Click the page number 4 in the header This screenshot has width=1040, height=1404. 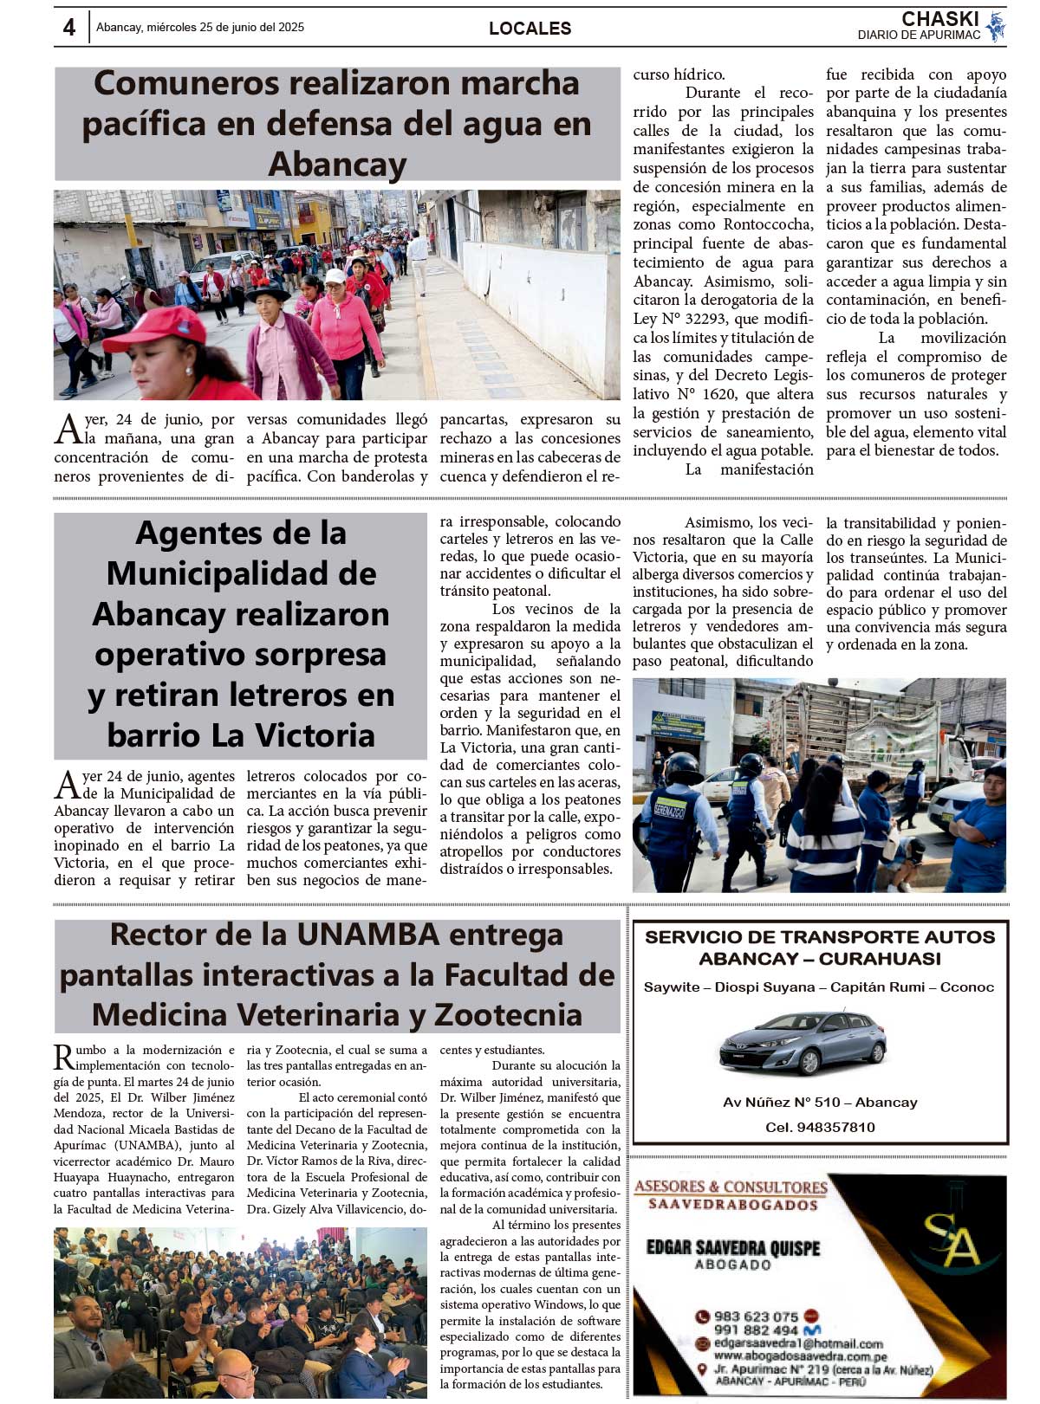coord(69,28)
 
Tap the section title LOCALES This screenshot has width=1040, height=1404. coord(530,29)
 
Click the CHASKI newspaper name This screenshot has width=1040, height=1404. coord(939,19)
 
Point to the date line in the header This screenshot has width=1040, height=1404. coord(200,28)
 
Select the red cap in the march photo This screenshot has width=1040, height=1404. coord(156,328)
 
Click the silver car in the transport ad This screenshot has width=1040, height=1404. coord(803,1043)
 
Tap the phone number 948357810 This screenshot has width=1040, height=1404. coord(835,1128)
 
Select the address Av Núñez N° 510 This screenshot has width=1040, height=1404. coord(785,1103)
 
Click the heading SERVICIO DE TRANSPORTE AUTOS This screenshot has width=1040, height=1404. coord(820,937)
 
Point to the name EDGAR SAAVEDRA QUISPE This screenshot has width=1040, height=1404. coord(732,1248)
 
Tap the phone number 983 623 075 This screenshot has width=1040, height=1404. coord(756,1317)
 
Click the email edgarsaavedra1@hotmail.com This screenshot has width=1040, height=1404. coord(797,1343)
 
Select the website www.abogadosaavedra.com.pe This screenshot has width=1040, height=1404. coord(800,1357)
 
